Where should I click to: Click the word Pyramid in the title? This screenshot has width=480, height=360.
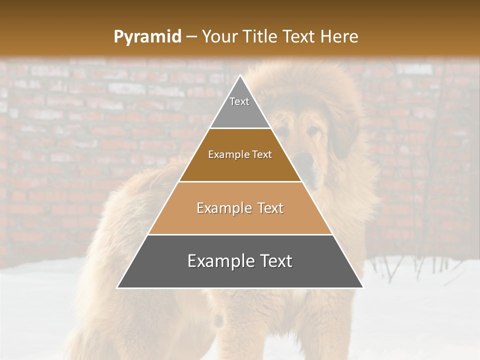147,37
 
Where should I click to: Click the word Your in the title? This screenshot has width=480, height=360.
220,36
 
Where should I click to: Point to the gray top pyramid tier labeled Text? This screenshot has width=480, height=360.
240,107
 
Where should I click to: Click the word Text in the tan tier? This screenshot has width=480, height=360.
270,208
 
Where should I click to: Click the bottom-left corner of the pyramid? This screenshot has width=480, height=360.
117,288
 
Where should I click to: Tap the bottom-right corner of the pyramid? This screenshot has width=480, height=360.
363,288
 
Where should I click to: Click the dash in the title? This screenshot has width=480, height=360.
191,37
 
